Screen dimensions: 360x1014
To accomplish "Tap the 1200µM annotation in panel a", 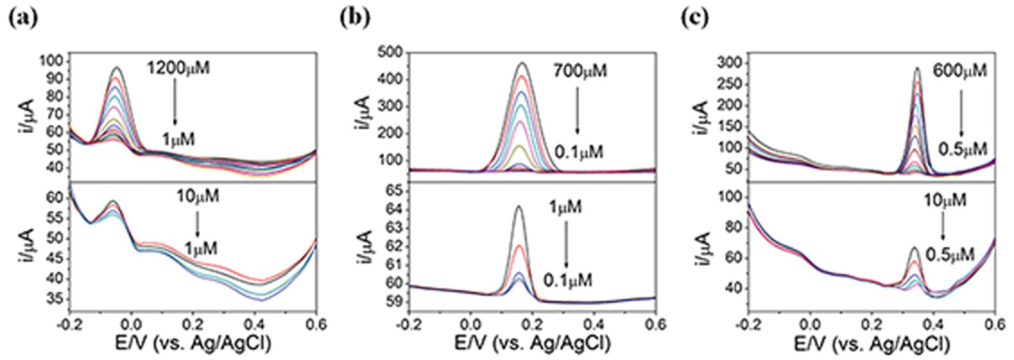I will click(178, 68).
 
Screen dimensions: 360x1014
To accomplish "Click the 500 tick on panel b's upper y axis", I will click(391, 52).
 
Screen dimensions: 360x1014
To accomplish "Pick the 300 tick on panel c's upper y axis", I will click(731, 62).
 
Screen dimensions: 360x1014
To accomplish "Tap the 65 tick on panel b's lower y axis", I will click(395, 191).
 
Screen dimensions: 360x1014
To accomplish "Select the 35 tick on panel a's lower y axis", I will click(56, 299).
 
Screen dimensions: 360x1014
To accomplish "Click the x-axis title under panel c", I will click(871, 343).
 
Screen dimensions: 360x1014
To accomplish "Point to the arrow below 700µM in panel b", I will click(577, 110).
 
